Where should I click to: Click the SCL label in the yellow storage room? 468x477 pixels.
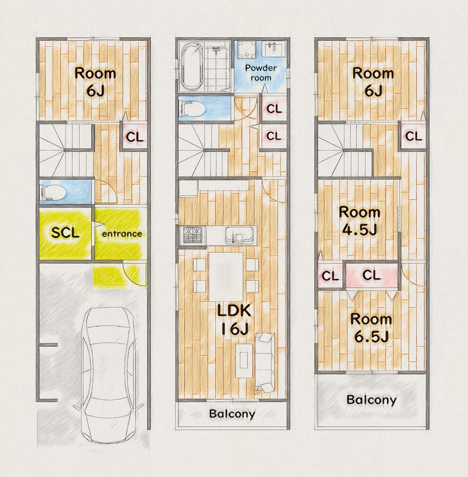tap(65, 233)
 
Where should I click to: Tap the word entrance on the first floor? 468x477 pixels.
tap(122, 234)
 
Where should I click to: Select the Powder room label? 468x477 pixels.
tap(261, 73)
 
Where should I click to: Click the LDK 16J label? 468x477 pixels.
tap(234, 320)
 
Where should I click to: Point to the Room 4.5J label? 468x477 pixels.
tap(359, 221)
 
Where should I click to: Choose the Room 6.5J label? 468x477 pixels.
tap(371, 328)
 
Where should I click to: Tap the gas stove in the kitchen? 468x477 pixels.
tap(192, 235)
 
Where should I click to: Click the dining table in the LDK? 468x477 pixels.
tap(226, 276)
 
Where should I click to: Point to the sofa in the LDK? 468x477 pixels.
tap(264, 362)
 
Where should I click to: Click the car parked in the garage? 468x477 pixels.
tap(109, 375)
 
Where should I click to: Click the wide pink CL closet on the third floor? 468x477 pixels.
tap(372, 275)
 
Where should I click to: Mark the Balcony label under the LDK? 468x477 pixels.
tap(232, 414)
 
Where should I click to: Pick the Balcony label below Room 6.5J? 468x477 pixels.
tap(372, 400)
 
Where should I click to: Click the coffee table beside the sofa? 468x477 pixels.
tap(244, 361)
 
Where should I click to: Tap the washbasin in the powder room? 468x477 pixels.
tap(274, 49)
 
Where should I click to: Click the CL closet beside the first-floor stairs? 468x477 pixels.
tap(135, 136)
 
